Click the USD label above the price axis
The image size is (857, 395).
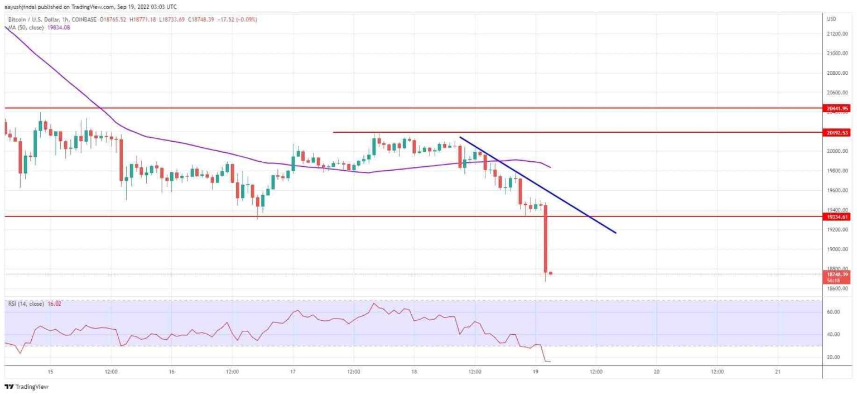(831, 19)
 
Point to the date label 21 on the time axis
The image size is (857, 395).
(777, 372)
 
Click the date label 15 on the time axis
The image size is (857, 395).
(50, 372)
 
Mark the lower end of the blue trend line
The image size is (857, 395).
(615, 233)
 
